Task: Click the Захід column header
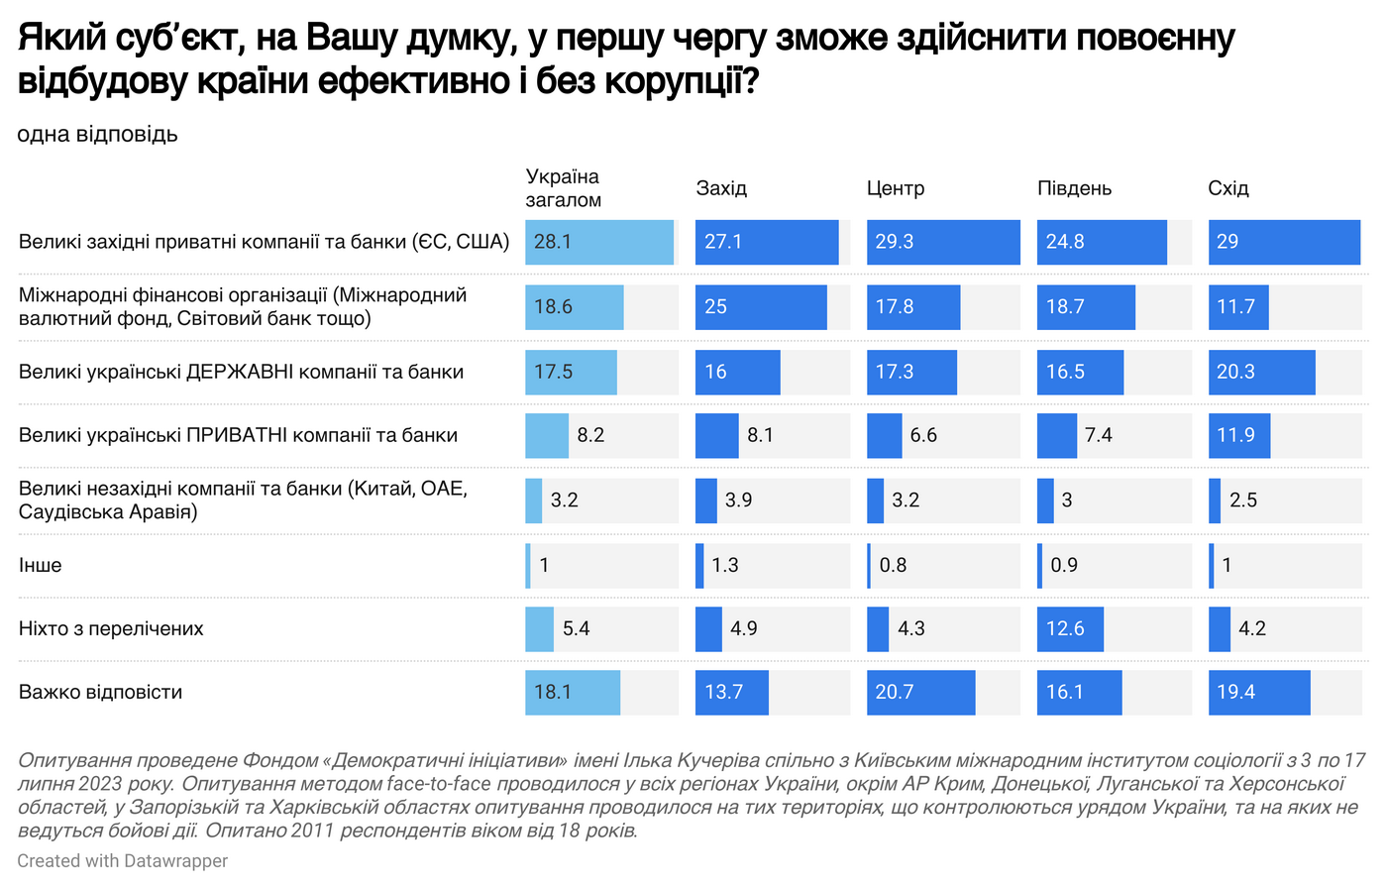point(721,188)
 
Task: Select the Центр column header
point(895,188)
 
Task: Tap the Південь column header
point(1074,188)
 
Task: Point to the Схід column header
point(1227,188)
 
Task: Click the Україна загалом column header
point(563,187)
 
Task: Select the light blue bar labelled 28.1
point(599,242)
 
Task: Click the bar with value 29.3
point(943,242)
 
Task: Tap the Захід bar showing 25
point(761,307)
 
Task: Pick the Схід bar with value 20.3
point(1261,372)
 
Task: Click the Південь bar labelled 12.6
point(1070,628)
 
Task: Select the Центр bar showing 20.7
point(920,692)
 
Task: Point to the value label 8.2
point(590,435)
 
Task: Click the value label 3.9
point(738,500)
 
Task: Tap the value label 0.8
point(893,565)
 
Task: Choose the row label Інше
point(41,565)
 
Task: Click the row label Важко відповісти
point(100,692)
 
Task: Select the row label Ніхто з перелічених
point(111,628)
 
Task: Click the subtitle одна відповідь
point(97,134)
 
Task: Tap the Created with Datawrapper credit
point(122,861)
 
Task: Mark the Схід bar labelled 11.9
point(1238,435)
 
